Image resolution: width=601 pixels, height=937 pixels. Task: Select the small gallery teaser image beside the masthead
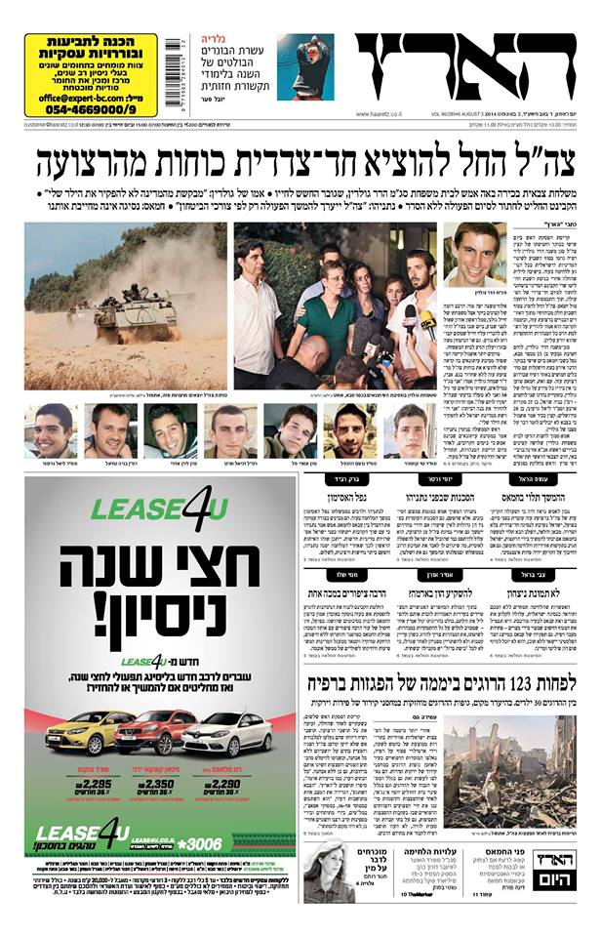pyautogui.click(x=304, y=66)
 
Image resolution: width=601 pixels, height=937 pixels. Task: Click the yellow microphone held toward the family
pyautogui.click(x=427, y=319)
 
